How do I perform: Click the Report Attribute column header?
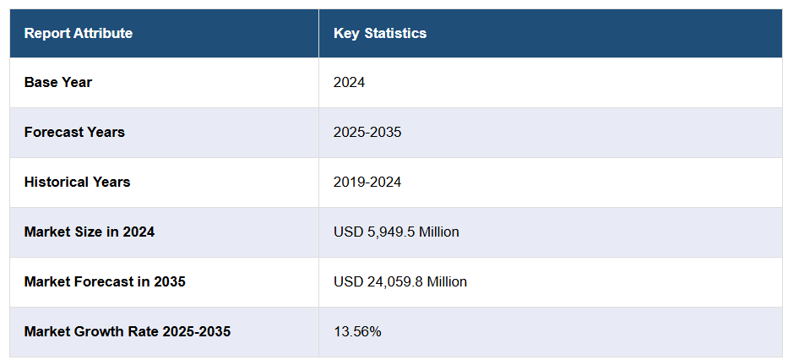click(78, 34)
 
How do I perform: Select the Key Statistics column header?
click(380, 34)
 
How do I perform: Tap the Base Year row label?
click(58, 83)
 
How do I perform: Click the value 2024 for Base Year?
click(349, 83)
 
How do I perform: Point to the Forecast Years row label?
click(74, 133)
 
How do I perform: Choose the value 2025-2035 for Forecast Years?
click(367, 133)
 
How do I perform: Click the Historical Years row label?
click(77, 183)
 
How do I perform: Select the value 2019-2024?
click(367, 183)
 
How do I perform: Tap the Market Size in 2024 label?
click(90, 232)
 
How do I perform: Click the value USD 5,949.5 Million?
click(396, 232)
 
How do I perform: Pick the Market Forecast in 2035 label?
click(105, 281)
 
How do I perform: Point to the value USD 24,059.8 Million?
click(400, 281)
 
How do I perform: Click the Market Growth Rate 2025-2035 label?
click(128, 331)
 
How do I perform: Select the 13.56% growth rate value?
click(357, 331)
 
